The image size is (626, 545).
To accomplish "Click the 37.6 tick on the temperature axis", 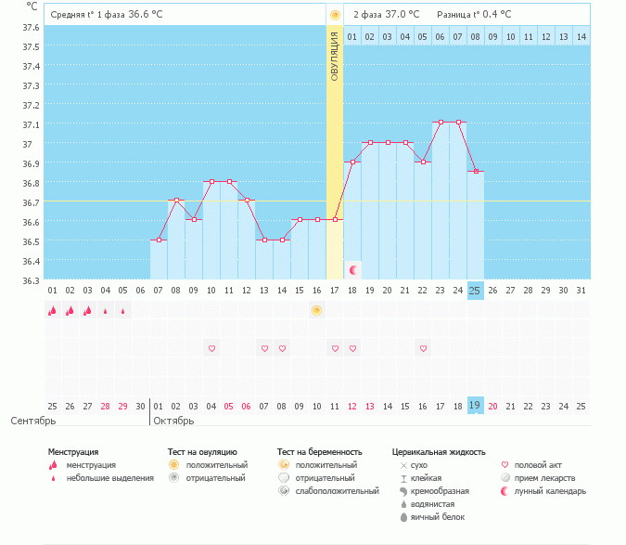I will [32, 27].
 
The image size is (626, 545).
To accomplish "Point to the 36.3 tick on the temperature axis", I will [32, 280].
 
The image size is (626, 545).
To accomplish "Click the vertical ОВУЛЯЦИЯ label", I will [335, 56].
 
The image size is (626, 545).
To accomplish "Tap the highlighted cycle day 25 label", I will [475, 291].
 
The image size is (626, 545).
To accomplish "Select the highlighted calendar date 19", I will [475, 406].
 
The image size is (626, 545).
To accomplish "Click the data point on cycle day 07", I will [159, 240].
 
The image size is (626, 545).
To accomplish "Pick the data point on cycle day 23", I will [440, 122].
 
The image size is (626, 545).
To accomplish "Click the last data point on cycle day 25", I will [475, 172].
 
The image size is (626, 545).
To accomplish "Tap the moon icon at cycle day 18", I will [353, 269].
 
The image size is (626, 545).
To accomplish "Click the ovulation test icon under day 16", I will [316, 310].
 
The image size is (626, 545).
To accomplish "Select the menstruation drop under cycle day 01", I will [52, 311].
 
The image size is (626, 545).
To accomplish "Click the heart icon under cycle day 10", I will [211, 348].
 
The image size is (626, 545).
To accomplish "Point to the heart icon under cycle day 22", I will [423, 348].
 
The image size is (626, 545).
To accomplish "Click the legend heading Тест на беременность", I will [319, 452].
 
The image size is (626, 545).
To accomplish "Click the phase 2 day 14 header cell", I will [581, 36].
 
